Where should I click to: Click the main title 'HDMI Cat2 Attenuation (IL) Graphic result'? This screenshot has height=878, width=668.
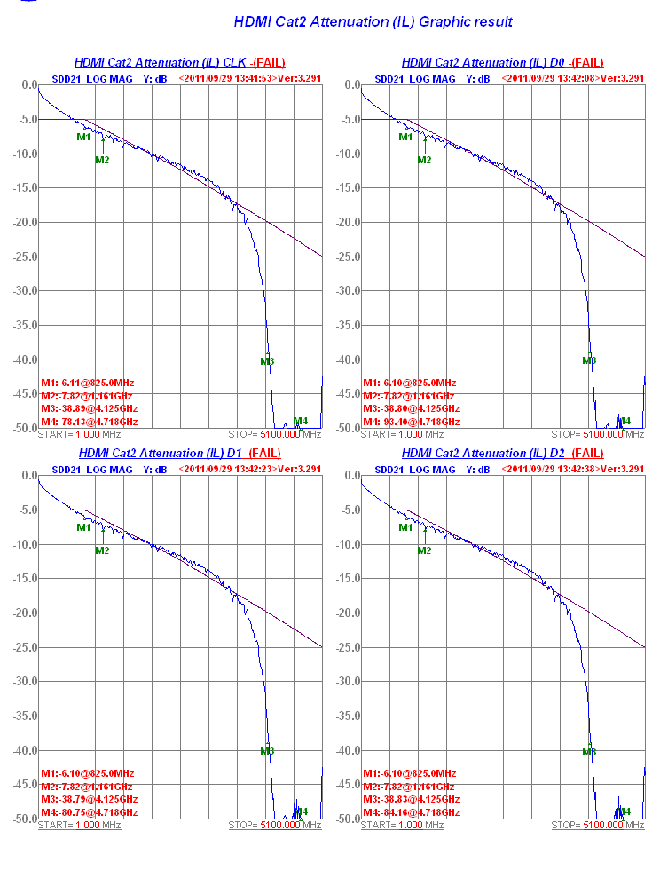tap(373, 21)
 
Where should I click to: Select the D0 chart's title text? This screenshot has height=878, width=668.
tap(502, 63)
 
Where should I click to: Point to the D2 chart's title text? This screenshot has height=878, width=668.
tap(502, 454)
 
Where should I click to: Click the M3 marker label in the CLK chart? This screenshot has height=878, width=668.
tap(267, 361)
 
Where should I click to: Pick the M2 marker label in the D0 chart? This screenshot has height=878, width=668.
tap(424, 160)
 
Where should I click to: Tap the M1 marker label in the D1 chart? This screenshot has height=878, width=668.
tap(83, 527)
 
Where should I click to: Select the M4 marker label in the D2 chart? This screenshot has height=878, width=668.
tap(624, 811)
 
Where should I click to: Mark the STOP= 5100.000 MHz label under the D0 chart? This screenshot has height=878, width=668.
tap(597, 435)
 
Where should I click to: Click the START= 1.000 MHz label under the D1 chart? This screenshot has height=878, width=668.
tap(79, 826)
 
